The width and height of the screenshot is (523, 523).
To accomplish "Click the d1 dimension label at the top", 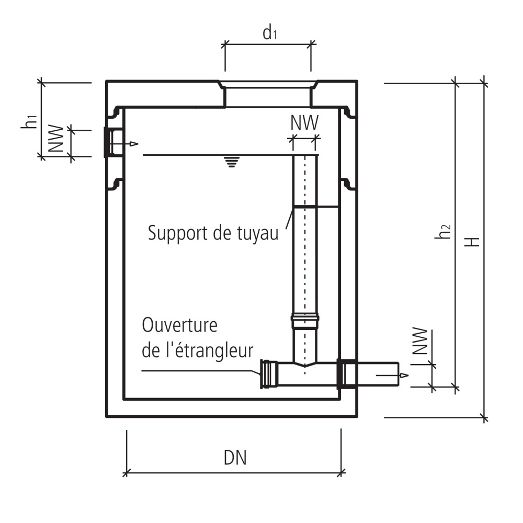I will point(269,34).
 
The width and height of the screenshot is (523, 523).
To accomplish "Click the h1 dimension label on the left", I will point(30,120).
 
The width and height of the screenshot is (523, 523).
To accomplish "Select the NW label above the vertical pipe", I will point(304,123).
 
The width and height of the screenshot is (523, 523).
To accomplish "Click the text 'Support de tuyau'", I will point(213,232).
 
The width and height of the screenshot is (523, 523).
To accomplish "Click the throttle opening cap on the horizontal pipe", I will point(269,374).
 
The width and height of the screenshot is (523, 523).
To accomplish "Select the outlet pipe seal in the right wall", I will point(345,373).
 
